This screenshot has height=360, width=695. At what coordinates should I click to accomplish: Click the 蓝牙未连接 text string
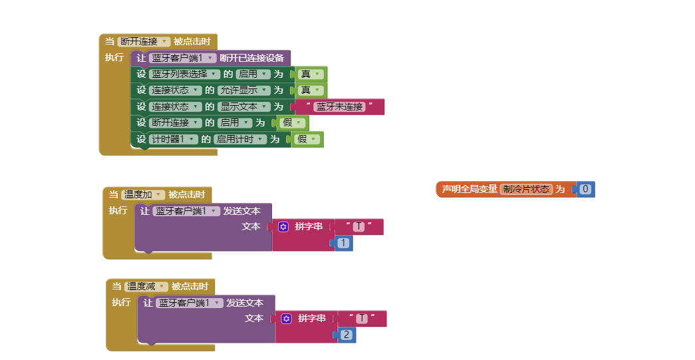coord(340,106)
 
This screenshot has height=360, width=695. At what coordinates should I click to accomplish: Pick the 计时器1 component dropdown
coord(173,140)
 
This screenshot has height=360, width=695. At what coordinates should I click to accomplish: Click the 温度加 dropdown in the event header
coord(142,194)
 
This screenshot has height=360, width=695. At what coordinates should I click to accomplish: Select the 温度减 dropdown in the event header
coord(146,286)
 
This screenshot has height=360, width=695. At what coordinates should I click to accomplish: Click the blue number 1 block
coord(343,244)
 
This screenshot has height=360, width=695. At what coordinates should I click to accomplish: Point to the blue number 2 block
coord(347,335)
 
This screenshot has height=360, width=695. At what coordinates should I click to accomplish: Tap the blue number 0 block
coord(585,190)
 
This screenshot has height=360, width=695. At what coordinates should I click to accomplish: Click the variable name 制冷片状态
coord(526,190)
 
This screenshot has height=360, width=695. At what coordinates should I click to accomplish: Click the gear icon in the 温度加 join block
coord(283,227)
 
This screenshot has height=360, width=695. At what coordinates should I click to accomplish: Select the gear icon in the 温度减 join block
coord(287,319)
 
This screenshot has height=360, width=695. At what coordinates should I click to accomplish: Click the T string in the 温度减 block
coord(362,319)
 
